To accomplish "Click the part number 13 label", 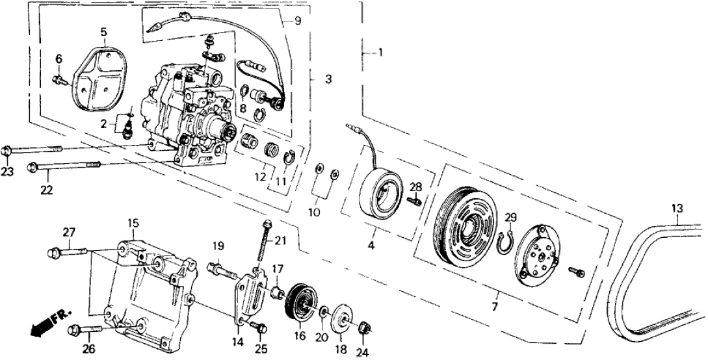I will pos(677,208).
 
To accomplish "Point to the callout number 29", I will pos(510,217).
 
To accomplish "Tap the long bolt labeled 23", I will pos(33,149).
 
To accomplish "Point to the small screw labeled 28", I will pos(413,201).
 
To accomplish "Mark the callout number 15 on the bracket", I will pos(133,223).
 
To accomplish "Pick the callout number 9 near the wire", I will pos(297,21).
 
